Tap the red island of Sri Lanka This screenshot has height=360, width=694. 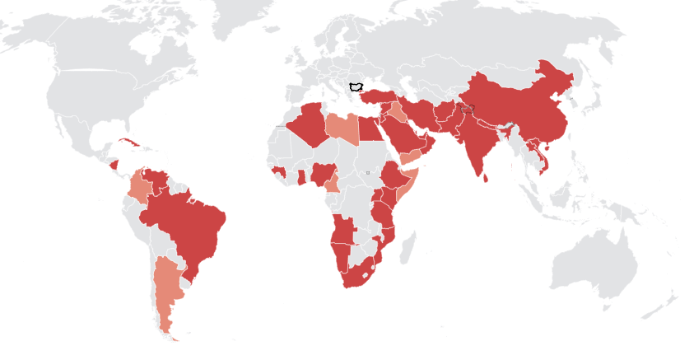(x=487, y=175)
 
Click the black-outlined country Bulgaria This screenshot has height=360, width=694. (x=357, y=86)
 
